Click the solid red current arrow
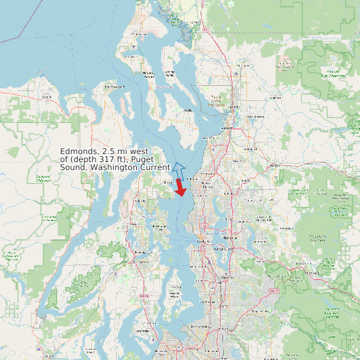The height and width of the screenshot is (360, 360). tap(180, 188)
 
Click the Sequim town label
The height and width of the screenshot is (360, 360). tap(46, 97)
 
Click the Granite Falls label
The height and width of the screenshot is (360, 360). tap(274, 97)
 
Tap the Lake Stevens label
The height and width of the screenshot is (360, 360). tap(255, 117)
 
